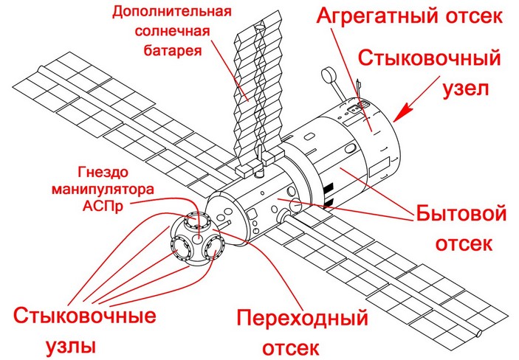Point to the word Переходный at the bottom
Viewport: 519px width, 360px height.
click(x=302, y=319)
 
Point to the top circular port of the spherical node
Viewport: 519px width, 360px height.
click(x=196, y=220)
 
